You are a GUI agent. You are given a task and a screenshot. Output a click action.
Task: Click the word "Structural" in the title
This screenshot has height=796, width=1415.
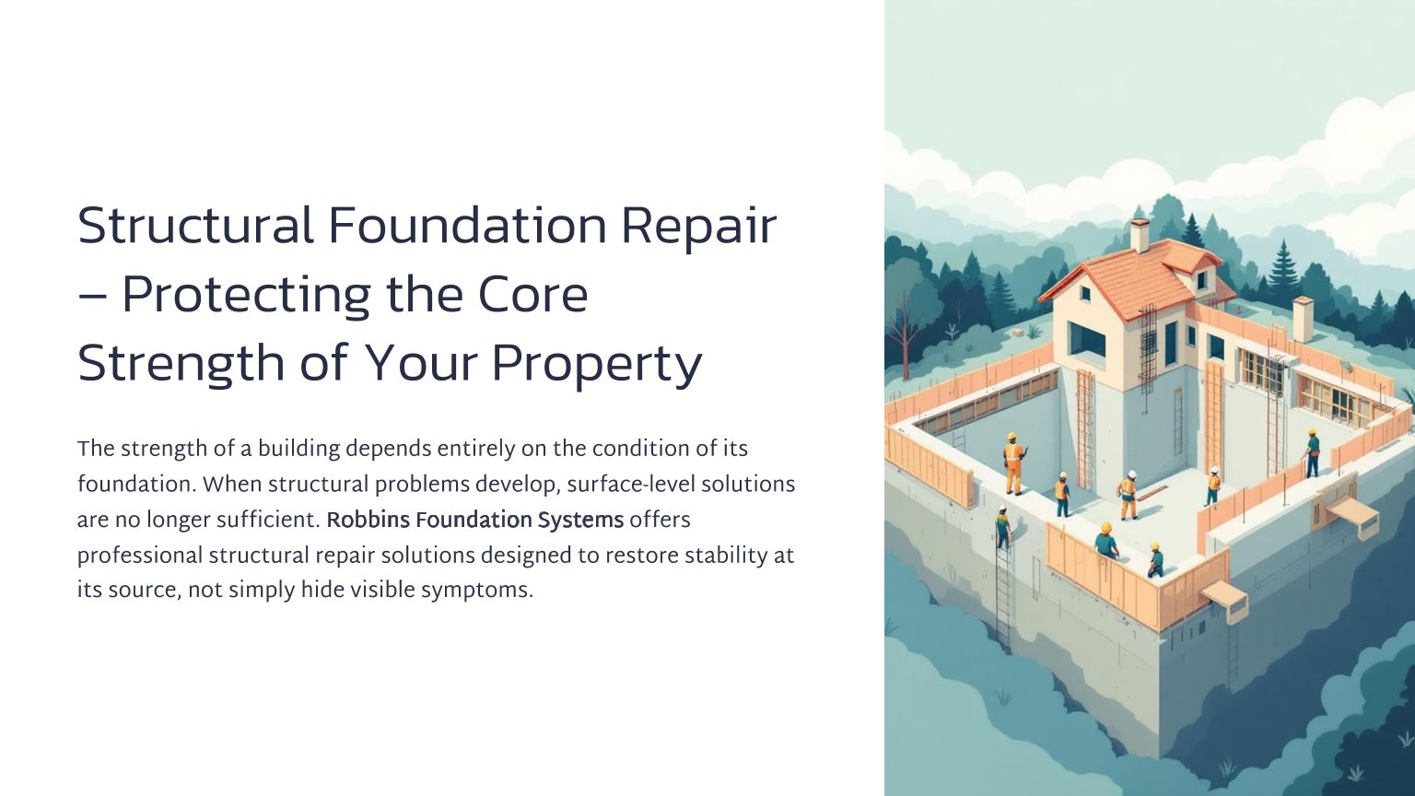pos(195,226)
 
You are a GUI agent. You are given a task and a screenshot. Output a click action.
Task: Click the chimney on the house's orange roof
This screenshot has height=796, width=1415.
pos(1140,235)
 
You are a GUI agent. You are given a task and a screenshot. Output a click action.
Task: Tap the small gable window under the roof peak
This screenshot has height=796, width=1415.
pos(1084,293)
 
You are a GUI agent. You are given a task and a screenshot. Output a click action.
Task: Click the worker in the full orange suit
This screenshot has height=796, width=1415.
pos(1014,463)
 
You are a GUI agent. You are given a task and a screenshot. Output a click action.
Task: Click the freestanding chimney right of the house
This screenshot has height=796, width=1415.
pos(1304,319)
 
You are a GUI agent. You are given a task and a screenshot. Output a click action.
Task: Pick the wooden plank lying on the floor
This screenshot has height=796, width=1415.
pos(1152,492)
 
